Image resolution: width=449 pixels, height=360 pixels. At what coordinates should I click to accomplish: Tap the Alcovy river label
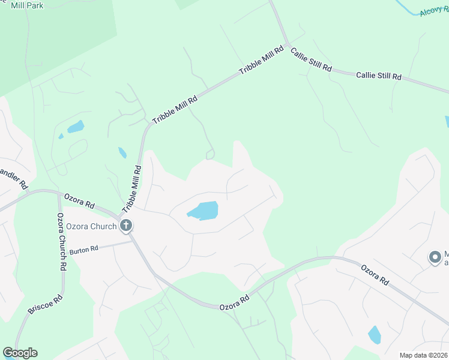pyautogui.click(x=433, y=10)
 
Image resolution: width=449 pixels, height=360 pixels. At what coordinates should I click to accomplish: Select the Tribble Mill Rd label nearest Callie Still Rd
pyautogui.click(x=261, y=61)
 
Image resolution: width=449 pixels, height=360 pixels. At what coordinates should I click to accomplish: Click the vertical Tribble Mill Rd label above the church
pyautogui.click(x=132, y=188)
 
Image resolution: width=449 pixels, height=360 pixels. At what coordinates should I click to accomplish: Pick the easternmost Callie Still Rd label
pyautogui.click(x=378, y=76)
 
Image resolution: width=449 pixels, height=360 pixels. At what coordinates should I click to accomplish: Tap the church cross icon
pyautogui.click(x=126, y=226)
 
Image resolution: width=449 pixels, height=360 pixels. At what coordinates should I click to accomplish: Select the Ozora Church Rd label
pyautogui.click(x=61, y=240)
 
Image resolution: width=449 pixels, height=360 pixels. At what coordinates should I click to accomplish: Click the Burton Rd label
pyautogui.click(x=83, y=250)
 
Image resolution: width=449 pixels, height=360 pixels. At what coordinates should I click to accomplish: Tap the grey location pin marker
pyautogui.click(x=434, y=257)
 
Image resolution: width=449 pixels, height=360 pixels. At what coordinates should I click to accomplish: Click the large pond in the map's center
pyautogui.click(x=203, y=211)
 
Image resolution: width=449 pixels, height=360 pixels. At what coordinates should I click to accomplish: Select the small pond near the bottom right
pyautogui.click(x=375, y=334)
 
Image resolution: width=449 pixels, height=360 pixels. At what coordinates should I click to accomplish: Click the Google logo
pyautogui.click(x=20, y=353)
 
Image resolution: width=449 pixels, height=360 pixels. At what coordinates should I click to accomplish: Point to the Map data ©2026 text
pyautogui.click(x=424, y=355)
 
